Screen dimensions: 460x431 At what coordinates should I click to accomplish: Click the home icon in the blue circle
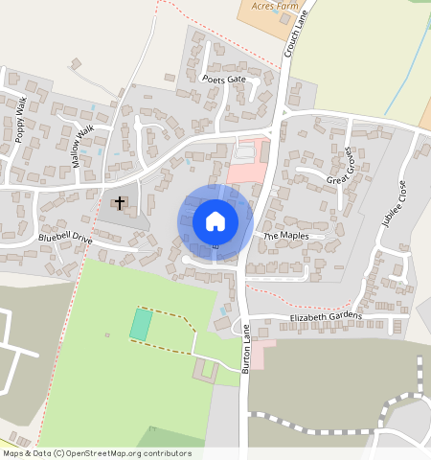tap(215, 221)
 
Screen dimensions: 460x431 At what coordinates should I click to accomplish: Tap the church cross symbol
tap(120, 202)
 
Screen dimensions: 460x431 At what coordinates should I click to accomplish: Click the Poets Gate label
tap(224, 80)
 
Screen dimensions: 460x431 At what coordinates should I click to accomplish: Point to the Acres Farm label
tap(269, 5)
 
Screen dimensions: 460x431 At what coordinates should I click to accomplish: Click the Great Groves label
tap(340, 166)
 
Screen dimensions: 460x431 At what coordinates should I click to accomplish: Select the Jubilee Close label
tap(394, 202)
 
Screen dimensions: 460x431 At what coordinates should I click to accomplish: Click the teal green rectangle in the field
tap(140, 324)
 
